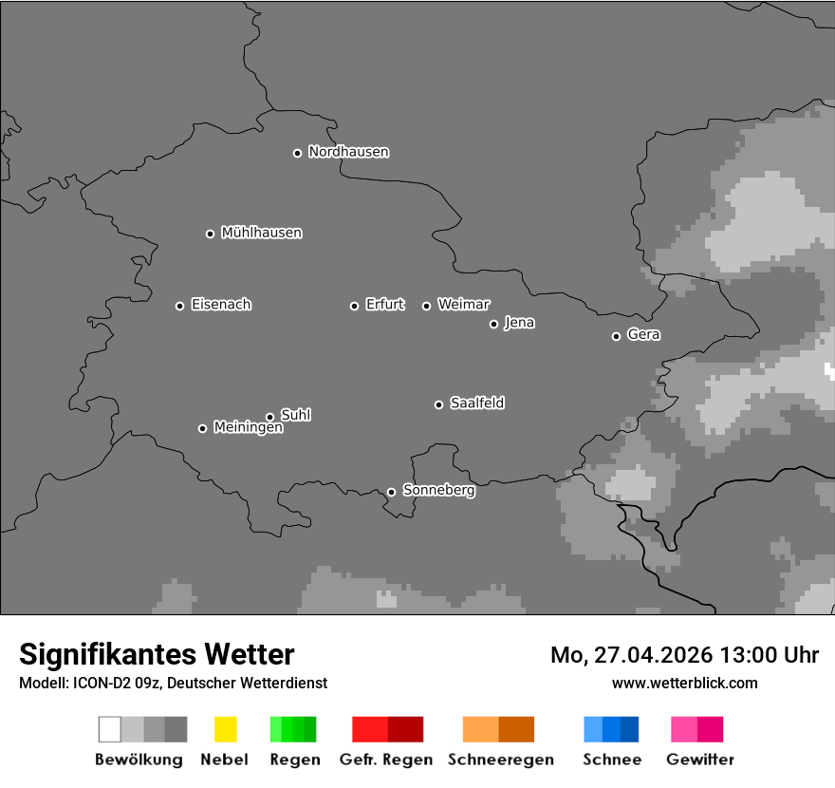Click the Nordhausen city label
coord(348,152)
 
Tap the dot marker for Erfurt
coord(354,306)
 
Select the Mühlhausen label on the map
coord(261,233)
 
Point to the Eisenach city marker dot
coord(179,306)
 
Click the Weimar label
coord(463,305)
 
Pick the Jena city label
coord(519,323)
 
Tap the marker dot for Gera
coord(616,336)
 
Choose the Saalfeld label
coord(476,403)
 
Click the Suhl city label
coord(295,415)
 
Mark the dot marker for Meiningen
coord(202,428)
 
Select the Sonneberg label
coord(438,491)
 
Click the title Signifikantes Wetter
coord(157,654)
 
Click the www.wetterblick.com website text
coord(684,683)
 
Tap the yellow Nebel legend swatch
coord(225,729)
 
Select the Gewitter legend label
coord(700,760)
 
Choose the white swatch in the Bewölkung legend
coord(110,729)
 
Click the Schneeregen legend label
coord(501,760)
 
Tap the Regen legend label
coord(294,760)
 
